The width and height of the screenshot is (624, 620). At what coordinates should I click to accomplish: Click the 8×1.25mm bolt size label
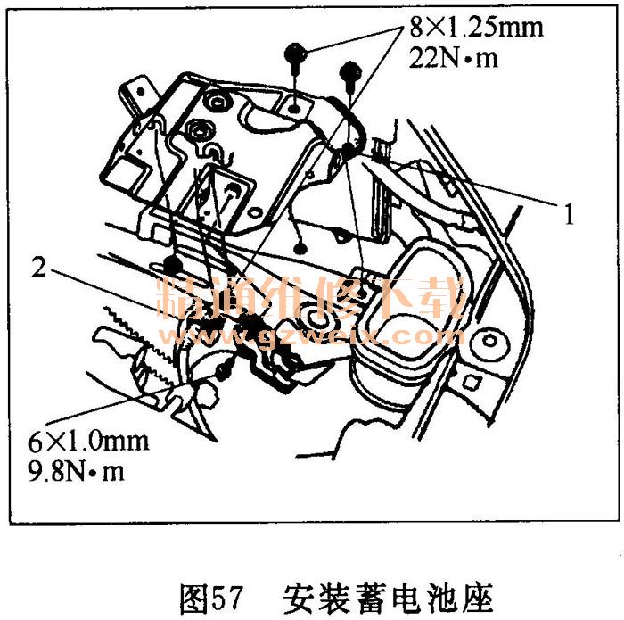476,27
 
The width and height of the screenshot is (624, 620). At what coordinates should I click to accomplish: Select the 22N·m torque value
453,58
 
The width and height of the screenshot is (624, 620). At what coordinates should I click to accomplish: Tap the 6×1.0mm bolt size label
88,442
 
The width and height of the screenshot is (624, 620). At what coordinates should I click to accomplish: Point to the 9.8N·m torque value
77,471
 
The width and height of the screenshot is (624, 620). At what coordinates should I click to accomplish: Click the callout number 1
570,214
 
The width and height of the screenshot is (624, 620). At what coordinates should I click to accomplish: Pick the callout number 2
39,267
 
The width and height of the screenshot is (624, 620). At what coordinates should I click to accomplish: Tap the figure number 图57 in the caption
211,599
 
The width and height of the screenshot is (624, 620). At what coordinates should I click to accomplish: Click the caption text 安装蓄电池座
388,599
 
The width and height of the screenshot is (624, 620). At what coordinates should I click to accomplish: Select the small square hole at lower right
471,383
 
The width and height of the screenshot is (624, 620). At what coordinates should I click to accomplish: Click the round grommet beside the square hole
490,341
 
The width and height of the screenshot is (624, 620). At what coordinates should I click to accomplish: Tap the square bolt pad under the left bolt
294,108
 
